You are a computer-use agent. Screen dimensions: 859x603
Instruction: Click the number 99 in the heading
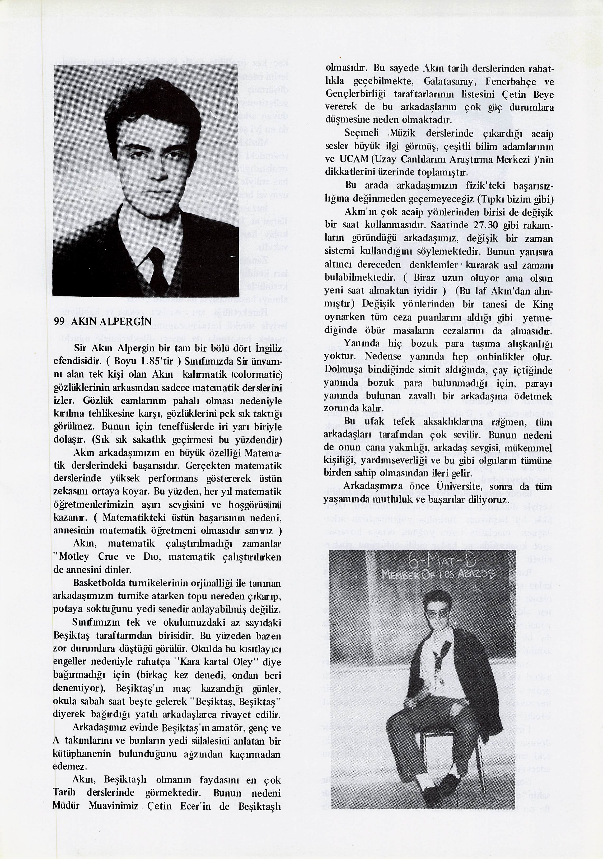coord(59,322)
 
